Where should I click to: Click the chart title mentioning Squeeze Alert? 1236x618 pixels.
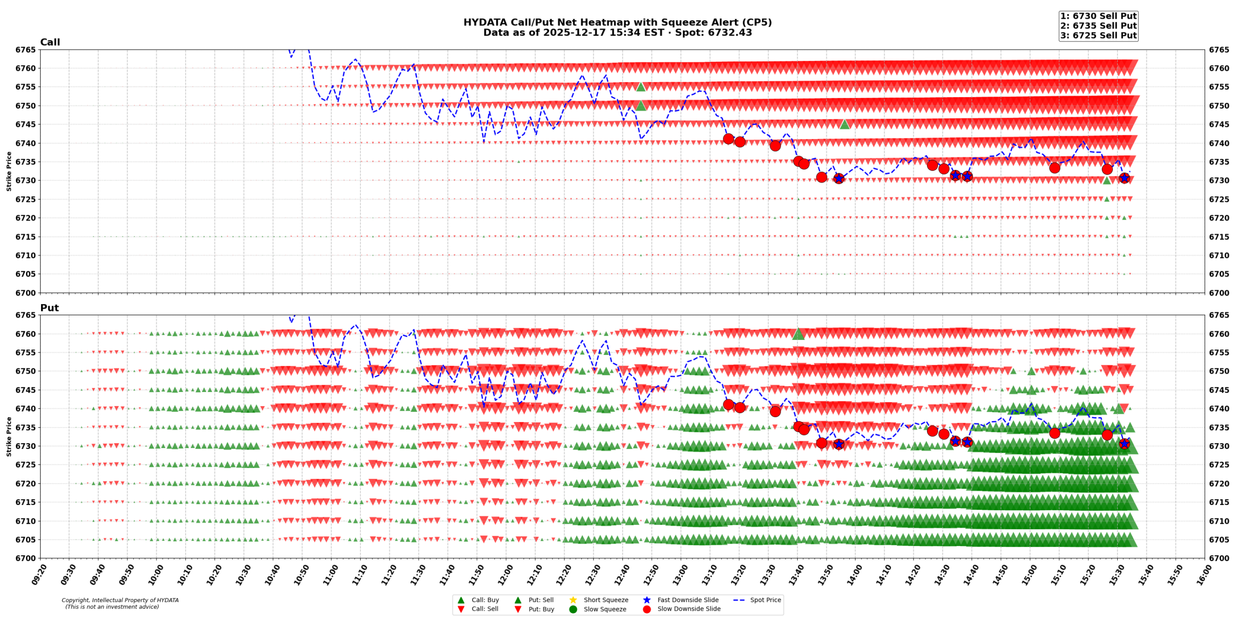pos(617,22)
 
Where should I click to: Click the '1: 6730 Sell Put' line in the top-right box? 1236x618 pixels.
pos(1098,16)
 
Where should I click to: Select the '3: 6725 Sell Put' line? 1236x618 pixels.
pos(1098,35)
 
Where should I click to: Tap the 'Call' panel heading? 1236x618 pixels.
pos(50,42)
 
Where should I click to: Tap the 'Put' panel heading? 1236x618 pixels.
pos(49,308)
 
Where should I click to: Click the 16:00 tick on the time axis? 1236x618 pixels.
pos(1200,575)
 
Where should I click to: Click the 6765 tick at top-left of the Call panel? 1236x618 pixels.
pos(25,50)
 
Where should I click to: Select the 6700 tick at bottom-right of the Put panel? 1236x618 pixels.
pos(1219,558)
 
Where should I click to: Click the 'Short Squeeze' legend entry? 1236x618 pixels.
pos(605,600)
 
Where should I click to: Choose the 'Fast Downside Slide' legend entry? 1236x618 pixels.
pos(688,600)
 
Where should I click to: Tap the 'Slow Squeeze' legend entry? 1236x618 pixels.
pos(604,609)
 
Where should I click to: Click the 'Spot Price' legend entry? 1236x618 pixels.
pos(765,600)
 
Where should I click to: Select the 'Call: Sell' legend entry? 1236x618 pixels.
pos(484,609)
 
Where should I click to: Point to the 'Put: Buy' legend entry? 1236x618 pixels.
pos(541,609)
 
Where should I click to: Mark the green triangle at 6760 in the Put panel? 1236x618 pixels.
pos(798,334)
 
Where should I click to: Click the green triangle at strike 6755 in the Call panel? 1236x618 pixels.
pos(641,87)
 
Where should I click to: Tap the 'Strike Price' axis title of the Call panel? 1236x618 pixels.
pos(9,171)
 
